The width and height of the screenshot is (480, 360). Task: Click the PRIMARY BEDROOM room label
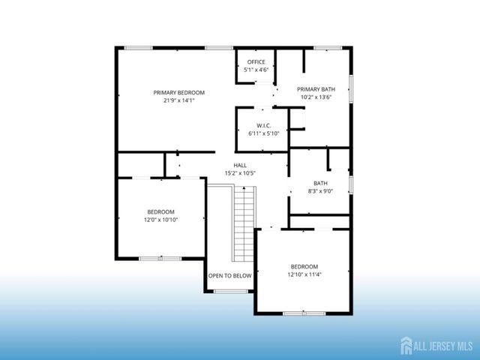178,93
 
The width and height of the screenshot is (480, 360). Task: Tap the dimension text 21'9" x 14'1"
178,100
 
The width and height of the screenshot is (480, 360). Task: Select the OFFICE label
256,62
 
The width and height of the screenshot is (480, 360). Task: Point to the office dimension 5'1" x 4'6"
256,70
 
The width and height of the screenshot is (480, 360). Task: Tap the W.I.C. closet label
263,125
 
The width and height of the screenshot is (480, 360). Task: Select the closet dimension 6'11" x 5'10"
263,133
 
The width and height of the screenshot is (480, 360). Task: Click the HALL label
240,165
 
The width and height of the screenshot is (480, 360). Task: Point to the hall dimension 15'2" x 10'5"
240,173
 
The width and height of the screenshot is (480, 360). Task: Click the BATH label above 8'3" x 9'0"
320,183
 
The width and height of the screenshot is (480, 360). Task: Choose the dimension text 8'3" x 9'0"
320,191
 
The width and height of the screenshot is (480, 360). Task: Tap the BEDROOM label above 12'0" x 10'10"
160,211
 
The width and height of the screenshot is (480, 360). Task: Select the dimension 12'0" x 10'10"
160,220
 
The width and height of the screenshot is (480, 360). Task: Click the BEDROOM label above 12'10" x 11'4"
304,267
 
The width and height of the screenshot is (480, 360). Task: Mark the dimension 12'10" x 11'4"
304,275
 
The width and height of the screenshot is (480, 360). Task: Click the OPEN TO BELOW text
230,275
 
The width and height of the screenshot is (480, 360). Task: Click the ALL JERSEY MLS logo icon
406,346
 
